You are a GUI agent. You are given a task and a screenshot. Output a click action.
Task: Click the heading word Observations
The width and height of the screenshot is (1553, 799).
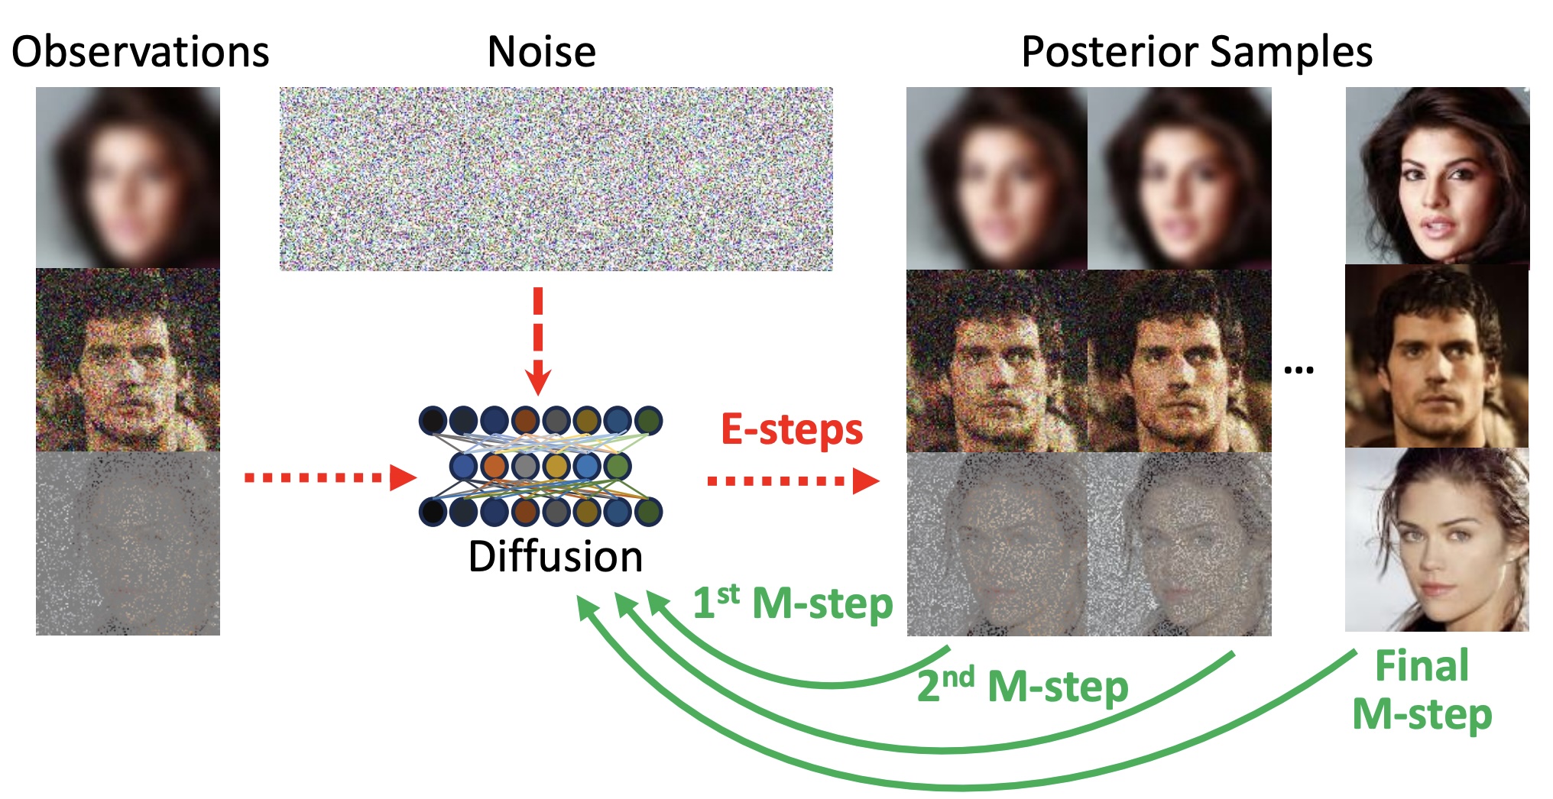pos(141,52)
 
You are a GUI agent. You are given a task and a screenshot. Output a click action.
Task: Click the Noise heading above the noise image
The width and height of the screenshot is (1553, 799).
pos(541,52)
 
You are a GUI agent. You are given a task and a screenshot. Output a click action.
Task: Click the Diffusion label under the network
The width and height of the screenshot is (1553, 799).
pos(556,556)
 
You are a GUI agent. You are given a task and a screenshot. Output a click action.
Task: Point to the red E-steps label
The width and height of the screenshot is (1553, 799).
pos(792,430)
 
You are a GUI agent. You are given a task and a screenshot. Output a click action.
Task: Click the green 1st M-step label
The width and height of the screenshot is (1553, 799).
pos(793,603)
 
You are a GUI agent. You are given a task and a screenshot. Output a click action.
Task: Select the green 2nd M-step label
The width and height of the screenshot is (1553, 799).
pos(1023,685)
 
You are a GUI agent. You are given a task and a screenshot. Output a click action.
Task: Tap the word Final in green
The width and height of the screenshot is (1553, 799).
pos(1422,665)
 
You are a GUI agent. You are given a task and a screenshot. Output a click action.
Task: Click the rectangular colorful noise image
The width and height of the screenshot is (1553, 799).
pos(556,179)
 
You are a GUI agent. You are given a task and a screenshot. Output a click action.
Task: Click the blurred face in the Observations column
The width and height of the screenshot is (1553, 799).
pos(128,177)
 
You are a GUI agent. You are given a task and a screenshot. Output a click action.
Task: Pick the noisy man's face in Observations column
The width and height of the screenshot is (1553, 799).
pos(128,360)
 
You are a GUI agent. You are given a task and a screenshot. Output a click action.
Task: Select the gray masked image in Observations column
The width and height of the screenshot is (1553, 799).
pos(128,543)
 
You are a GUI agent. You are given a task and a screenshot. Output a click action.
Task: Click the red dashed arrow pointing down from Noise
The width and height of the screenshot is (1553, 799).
pos(538,341)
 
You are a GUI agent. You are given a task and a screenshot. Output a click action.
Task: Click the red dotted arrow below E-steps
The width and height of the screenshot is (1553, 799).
pos(793,480)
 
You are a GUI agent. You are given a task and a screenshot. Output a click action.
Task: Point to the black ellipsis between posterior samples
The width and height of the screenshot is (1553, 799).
pos(1298,370)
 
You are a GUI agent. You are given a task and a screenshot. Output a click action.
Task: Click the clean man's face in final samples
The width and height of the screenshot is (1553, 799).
pos(1437,356)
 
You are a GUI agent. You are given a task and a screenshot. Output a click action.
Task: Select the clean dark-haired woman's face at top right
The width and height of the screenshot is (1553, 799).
pos(1438,176)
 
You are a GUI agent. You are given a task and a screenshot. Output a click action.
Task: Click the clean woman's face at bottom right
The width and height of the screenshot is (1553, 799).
pos(1437,539)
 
